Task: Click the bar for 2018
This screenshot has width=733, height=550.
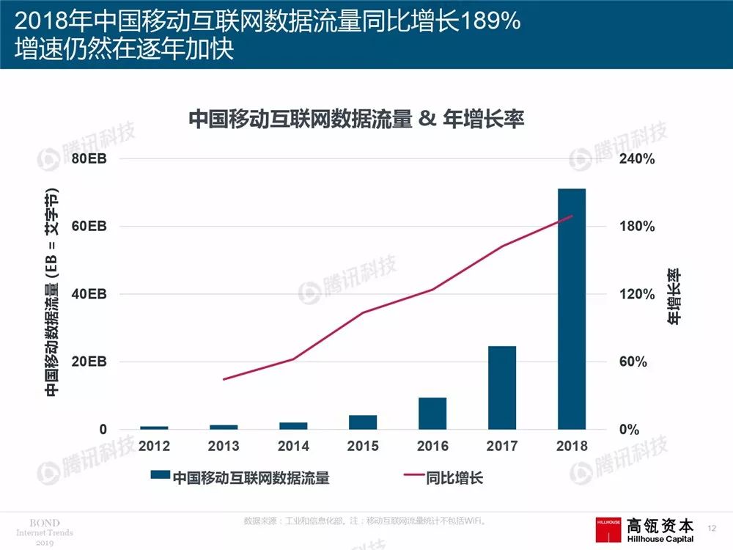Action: pyautogui.click(x=572, y=309)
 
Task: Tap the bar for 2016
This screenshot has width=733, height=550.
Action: pyautogui.click(x=432, y=413)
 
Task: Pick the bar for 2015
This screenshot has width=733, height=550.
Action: pyautogui.click(x=363, y=422)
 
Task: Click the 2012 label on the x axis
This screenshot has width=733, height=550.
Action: pyautogui.click(x=154, y=446)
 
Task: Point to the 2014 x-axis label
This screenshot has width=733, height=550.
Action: pyautogui.click(x=293, y=446)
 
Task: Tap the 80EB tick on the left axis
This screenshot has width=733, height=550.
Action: pyautogui.click(x=88, y=159)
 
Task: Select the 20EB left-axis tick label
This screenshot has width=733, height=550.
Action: pyautogui.click(x=88, y=362)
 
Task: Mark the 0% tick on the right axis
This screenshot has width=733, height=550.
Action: pyautogui.click(x=630, y=430)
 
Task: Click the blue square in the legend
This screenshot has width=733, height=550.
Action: pyautogui.click(x=160, y=478)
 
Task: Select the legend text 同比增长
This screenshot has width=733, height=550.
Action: pyautogui.click(x=454, y=478)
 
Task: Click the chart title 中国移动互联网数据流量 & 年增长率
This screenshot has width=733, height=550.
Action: pyautogui.click(x=356, y=119)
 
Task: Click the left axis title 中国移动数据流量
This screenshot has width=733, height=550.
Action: pyautogui.click(x=51, y=293)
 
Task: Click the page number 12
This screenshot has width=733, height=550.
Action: pyautogui.click(x=711, y=527)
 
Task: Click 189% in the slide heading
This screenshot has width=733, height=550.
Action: pyautogui.click(x=492, y=22)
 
